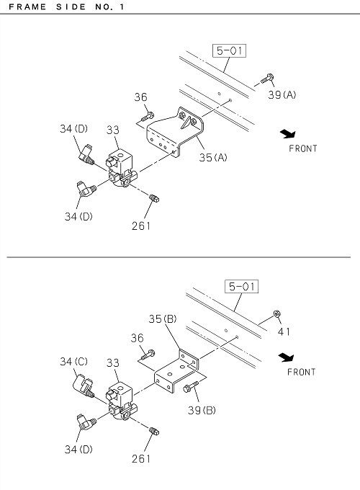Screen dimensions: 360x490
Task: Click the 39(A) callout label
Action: coord(282,94)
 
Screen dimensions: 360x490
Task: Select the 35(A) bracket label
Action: coord(213,157)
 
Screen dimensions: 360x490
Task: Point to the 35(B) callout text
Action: coord(163,318)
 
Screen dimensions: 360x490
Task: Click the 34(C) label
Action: coord(73,362)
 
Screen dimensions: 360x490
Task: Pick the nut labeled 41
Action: coord(276,313)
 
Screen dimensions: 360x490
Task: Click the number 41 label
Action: coord(284,331)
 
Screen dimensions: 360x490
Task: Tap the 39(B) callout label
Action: coord(202,410)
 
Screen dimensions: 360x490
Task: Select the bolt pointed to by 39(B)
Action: coord(191,386)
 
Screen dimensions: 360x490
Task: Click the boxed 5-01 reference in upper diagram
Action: coord(229,50)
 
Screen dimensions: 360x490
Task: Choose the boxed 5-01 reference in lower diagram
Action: coord(242,286)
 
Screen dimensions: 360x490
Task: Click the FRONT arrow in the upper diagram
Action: coord(287,134)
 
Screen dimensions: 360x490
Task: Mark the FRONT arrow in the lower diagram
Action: coord(286,357)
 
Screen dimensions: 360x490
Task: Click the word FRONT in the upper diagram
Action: coord(303,148)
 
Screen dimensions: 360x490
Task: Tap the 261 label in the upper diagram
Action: coord(141,226)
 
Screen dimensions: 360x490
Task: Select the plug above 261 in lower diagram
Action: coord(154,431)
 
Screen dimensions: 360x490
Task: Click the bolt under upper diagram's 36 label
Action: coord(148,117)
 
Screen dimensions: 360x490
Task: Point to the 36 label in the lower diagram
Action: coord(137,338)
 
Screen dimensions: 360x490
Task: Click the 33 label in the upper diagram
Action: coord(113,130)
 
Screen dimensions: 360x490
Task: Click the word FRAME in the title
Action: coord(27,7)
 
